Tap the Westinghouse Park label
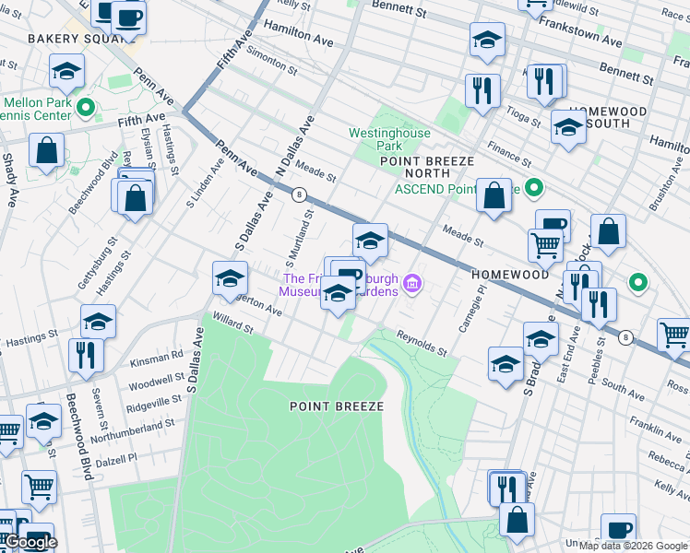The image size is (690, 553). point(389,139)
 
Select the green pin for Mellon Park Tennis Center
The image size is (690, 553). point(85,108)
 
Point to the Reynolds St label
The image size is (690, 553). point(422,344)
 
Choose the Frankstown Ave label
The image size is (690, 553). point(587,36)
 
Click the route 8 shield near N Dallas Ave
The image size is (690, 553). point(299,194)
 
